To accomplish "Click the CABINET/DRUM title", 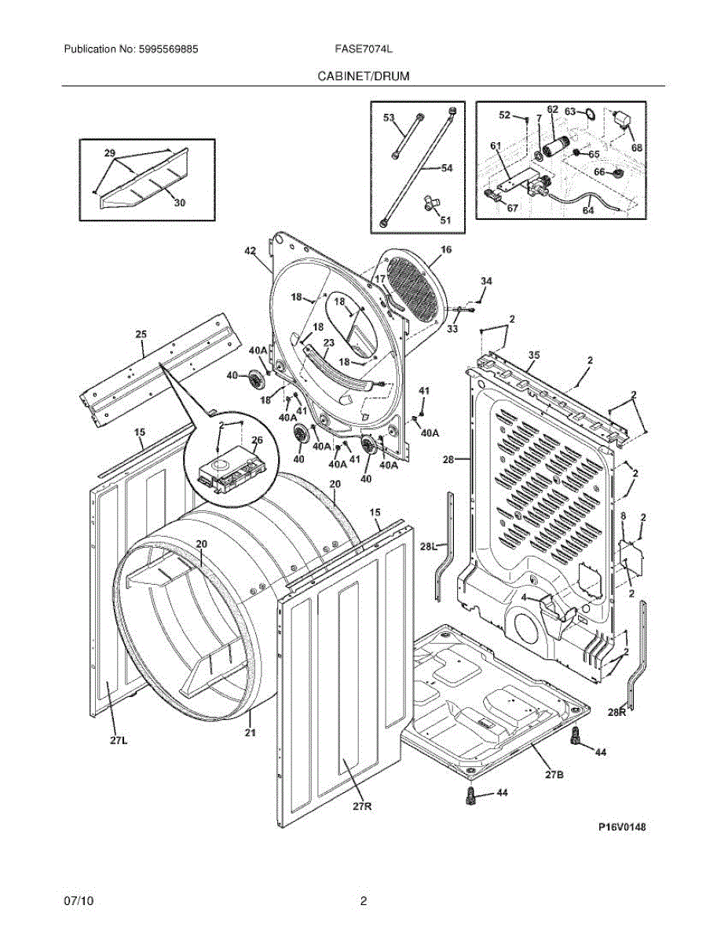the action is [x=364, y=76].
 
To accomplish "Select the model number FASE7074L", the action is [x=364, y=49].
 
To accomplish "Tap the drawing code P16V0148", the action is [x=622, y=827].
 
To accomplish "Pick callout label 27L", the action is [x=119, y=741].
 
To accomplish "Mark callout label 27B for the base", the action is [x=554, y=774].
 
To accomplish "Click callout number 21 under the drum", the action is [x=251, y=732].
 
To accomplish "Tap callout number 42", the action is [x=251, y=251].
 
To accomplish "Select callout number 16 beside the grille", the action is [x=446, y=250].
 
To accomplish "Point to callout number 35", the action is [x=534, y=355].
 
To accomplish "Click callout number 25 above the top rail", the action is [x=141, y=334].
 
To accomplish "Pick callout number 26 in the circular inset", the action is [x=257, y=440].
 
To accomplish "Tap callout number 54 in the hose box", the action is [x=447, y=168].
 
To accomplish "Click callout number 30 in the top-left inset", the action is [x=180, y=203].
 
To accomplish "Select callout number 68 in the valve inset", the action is [x=637, y=148].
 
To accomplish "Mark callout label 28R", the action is [x=616, y=712].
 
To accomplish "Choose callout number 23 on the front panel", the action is [x=329, y=343].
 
